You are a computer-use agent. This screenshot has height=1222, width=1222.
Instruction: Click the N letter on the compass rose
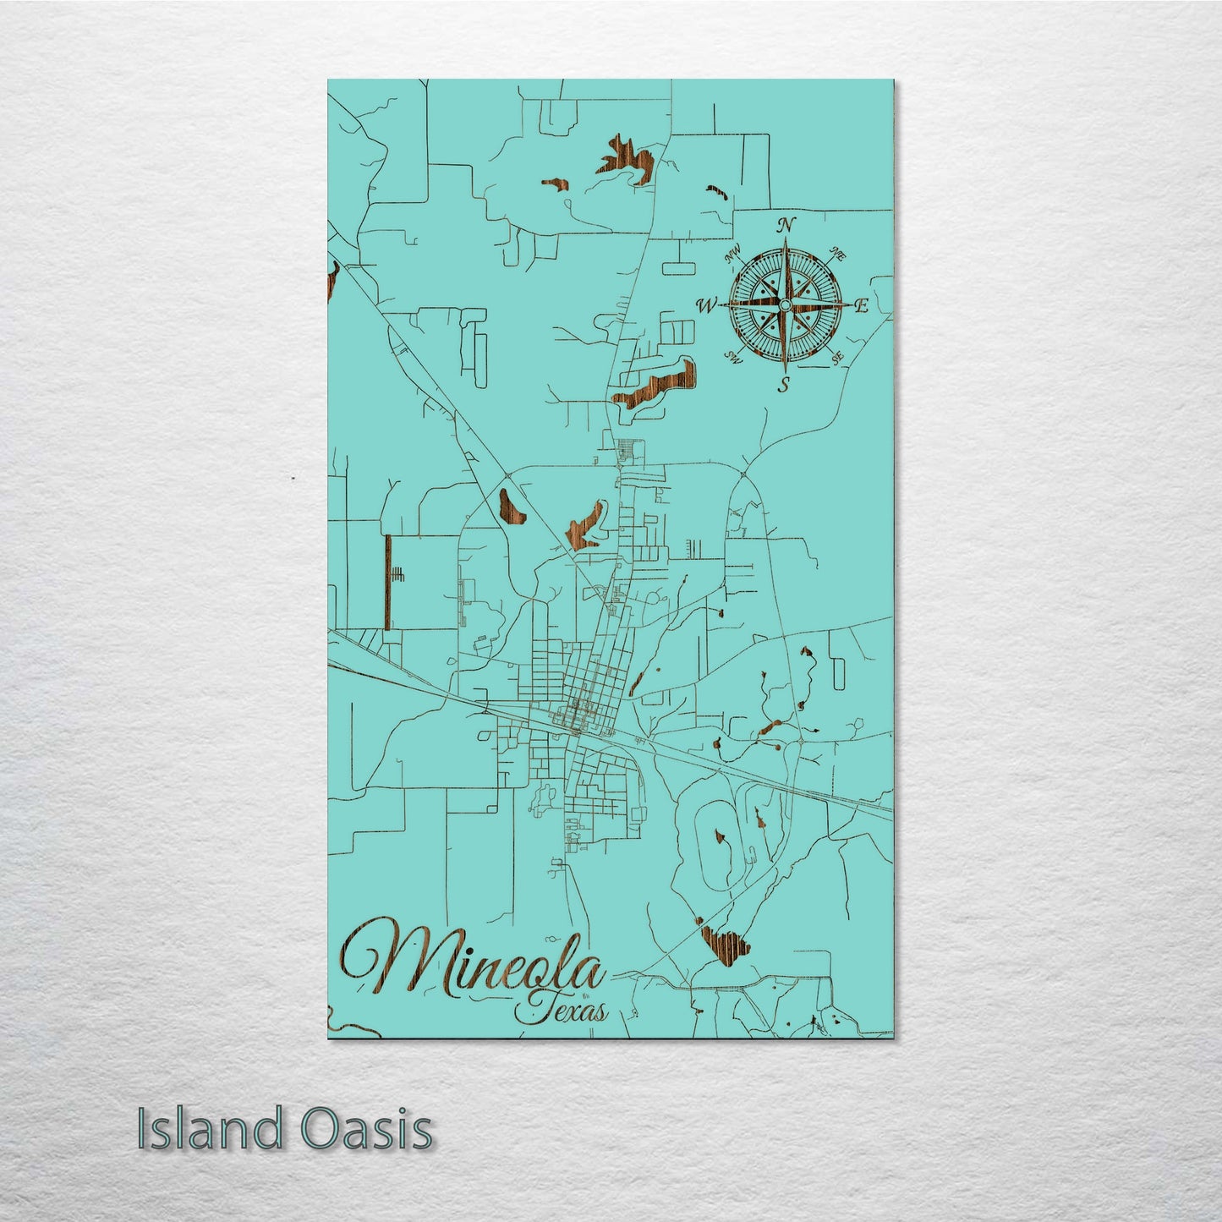787,225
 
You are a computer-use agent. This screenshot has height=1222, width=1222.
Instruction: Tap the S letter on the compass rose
785,386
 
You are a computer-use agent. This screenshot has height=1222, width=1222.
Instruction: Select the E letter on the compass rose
862,307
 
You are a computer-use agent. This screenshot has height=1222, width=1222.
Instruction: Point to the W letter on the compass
705,305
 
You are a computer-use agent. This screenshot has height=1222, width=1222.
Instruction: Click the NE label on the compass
840,253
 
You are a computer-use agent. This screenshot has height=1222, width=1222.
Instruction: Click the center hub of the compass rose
785,305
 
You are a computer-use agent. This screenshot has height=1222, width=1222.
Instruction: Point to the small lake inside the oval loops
721,839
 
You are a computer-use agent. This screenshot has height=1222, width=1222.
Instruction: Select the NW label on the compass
732,251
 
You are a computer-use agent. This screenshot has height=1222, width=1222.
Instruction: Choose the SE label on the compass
838,359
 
